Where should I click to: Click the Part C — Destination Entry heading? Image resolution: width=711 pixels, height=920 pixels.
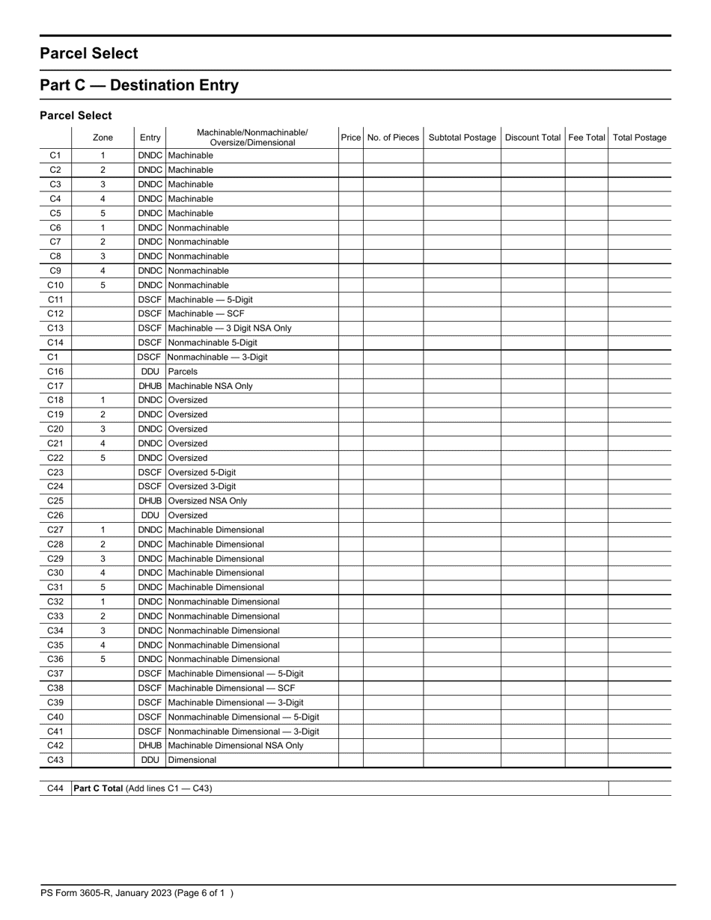tap(139, 85)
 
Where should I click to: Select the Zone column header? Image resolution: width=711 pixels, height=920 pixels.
tap(103, 138)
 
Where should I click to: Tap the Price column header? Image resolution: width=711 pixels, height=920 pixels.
tap(350, 138)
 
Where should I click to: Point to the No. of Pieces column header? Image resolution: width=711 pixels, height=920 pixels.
tap(393, 138)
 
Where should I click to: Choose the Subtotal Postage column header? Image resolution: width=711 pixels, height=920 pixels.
tap(462, 138)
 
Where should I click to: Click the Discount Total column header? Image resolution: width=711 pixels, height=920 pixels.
tap(532, 138)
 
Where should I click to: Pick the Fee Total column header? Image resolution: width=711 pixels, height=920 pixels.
tap(586, 138)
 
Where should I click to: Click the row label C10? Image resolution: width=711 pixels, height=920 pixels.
tap(55, 285)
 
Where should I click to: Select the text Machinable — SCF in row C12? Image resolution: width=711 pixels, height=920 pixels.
tap(207, 314)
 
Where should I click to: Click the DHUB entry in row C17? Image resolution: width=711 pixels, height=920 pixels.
tap(150, 386)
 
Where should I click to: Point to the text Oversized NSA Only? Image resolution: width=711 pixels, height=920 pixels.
tap(207, 501)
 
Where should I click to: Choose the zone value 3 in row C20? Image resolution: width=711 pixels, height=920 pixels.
tap(103, 429)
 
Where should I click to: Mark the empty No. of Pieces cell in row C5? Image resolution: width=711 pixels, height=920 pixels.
tap(393, 213)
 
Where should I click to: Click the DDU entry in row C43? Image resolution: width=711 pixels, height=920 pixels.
tap(150, 760)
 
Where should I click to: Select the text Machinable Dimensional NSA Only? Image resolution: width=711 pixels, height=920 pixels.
tap(236, 746)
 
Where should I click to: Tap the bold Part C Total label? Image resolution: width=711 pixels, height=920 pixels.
tap(98, 788)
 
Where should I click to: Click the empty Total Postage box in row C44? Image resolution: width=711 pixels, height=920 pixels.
tap(639, 788)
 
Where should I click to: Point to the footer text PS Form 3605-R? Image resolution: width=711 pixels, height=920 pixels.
tap(82, 893)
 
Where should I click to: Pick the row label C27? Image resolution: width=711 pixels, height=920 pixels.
tap(55, 530)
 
